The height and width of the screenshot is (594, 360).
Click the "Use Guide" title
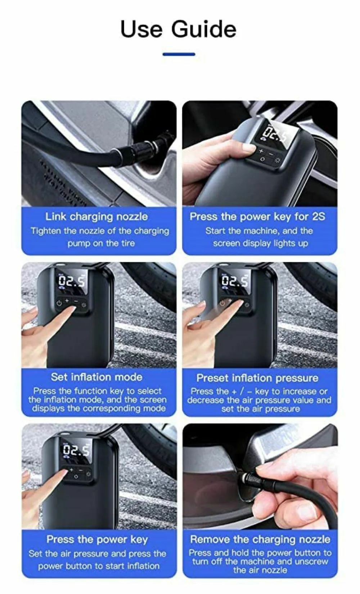point(178,29)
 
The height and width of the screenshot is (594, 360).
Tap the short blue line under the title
point(179,54)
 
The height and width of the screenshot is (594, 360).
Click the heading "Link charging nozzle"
point(96,217)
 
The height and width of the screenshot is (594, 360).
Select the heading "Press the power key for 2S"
point(257,216)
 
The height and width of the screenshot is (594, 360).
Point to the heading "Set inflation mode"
point(96,377)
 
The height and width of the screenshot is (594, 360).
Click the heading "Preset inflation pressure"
point(257,378)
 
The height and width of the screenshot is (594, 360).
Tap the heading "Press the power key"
point(97,539)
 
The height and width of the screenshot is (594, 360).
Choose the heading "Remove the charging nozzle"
point(260,539)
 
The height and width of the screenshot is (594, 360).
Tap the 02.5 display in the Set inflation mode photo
point(72,281)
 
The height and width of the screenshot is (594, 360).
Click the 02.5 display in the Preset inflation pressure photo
point(234,281)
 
